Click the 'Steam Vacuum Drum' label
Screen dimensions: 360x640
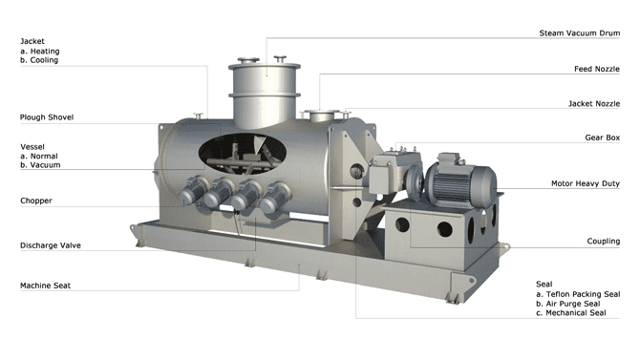[580, 32]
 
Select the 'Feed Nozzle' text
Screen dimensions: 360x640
[596, 69]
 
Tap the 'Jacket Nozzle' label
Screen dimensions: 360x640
[593, 103]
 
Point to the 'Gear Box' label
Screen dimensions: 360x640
[602, 138]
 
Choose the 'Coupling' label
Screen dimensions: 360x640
[603, 242]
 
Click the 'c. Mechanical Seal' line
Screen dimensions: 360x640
[571, 312]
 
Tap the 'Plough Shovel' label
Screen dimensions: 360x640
[47, 117]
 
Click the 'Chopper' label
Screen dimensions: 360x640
[36, 201]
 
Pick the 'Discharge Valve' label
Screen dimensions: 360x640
[51, 245]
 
